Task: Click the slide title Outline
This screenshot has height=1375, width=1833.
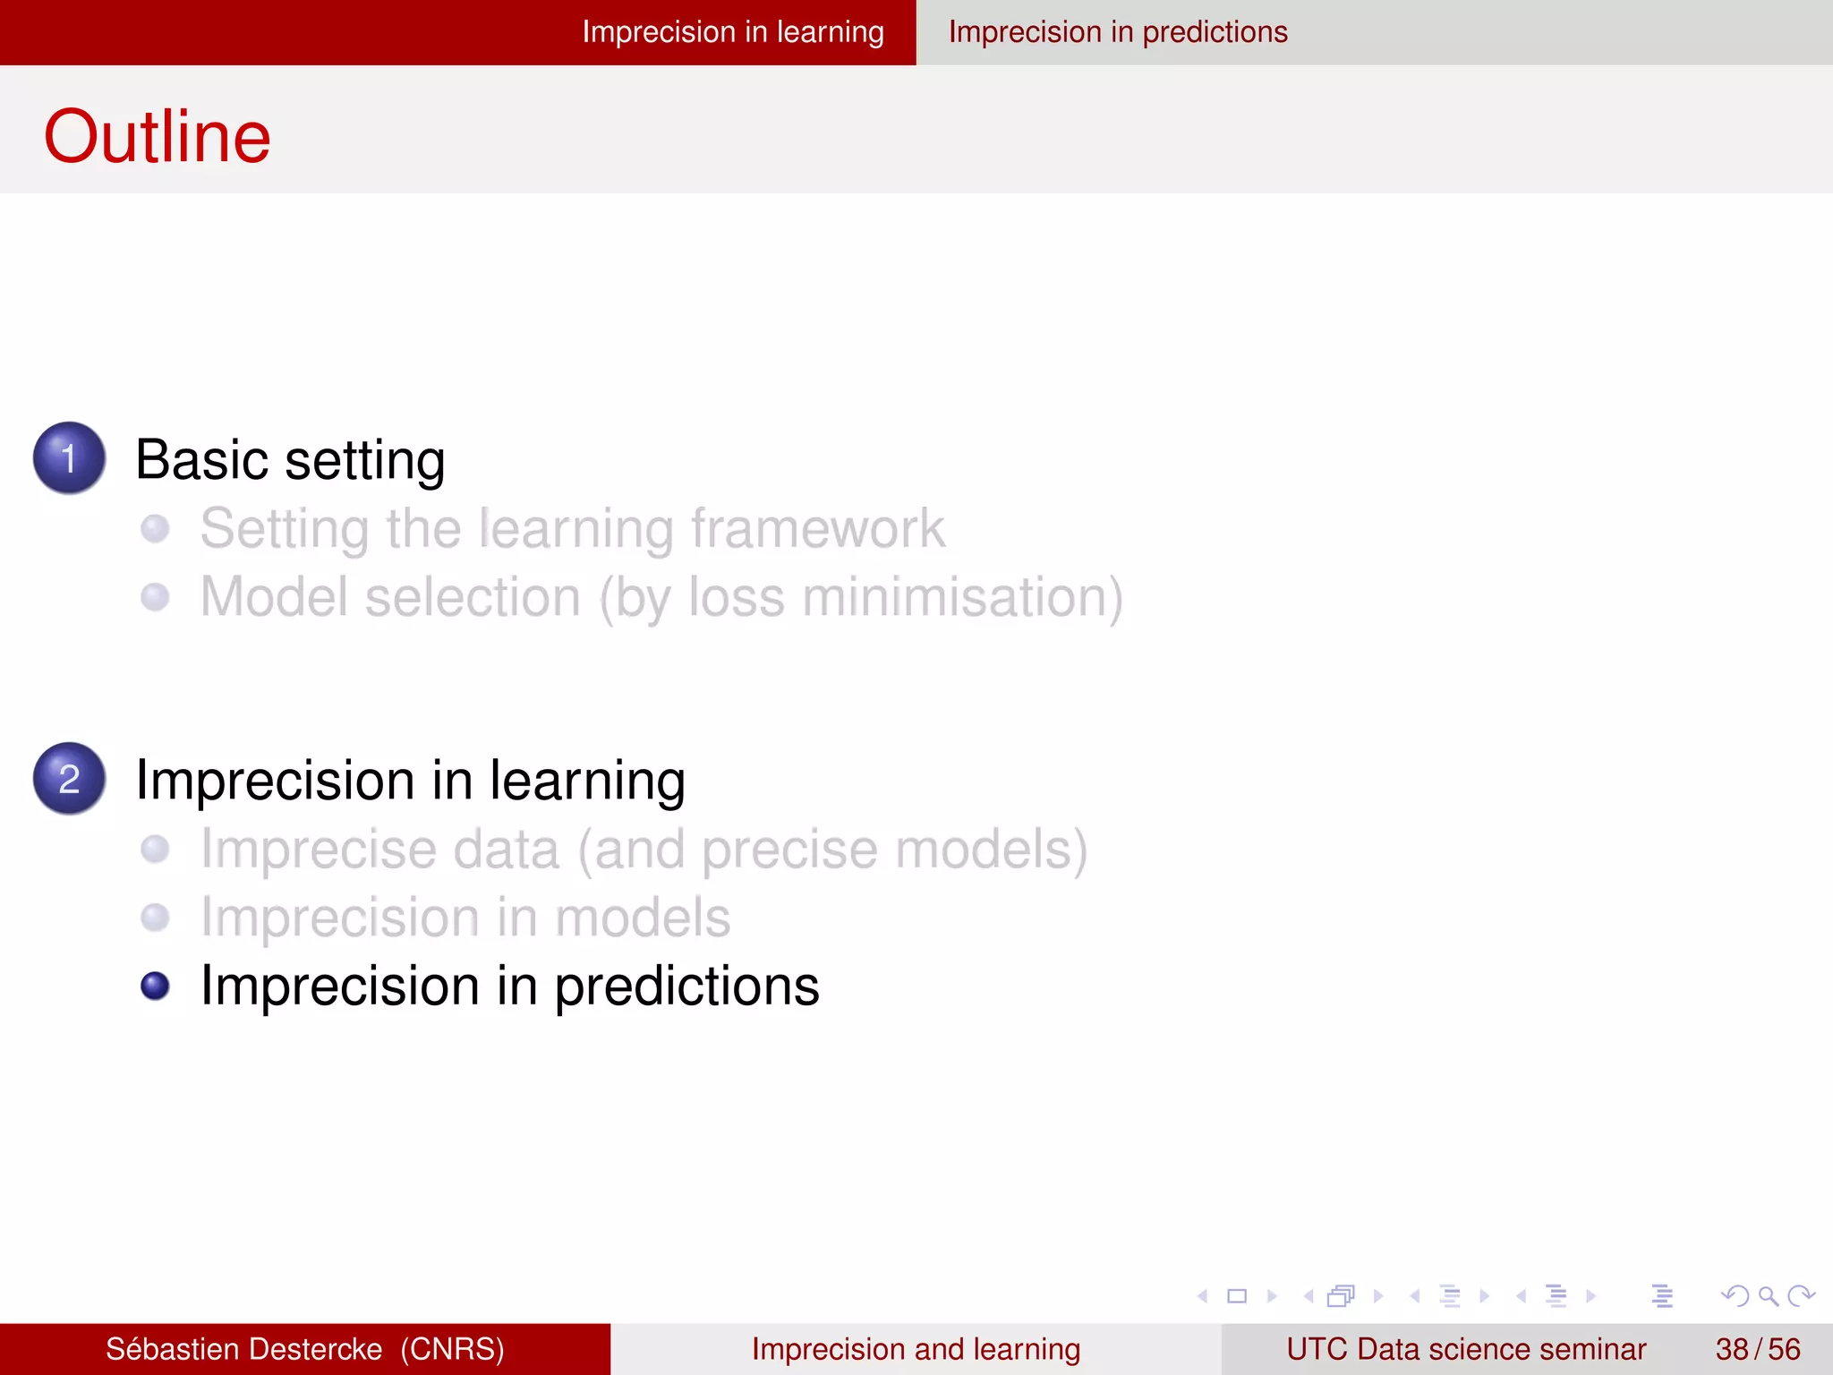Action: pos(157,136)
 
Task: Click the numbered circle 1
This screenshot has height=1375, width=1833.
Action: pos(69,457)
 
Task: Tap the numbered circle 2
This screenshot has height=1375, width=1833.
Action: pos(69,778)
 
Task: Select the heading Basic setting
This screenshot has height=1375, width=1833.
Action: pos(290,460)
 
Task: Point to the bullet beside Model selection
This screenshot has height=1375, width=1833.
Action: pos(155,597)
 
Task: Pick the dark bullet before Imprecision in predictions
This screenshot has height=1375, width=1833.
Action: pos(155,986)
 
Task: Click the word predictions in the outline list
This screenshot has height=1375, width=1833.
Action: pos(686,986)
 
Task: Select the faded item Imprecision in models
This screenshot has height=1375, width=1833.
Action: pos(465,918)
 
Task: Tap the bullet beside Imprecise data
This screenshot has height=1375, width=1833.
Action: pos(155,849)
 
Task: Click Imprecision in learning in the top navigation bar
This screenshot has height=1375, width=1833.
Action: pos(732,32)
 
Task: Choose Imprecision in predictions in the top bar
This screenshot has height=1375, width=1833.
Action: pos(1118,32)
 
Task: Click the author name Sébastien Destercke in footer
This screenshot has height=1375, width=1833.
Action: pos(243,1349)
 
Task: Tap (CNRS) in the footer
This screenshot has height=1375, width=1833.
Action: pos(452,1349)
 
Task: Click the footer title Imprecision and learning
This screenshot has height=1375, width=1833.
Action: pos(916,1349)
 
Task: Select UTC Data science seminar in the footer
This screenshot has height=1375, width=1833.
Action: pos(1465,1349)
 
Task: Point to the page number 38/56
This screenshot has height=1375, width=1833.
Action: pos(1757,1349)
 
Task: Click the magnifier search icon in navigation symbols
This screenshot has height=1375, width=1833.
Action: pos(1767,1295)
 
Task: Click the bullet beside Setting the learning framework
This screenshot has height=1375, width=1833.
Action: pos(155,528)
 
